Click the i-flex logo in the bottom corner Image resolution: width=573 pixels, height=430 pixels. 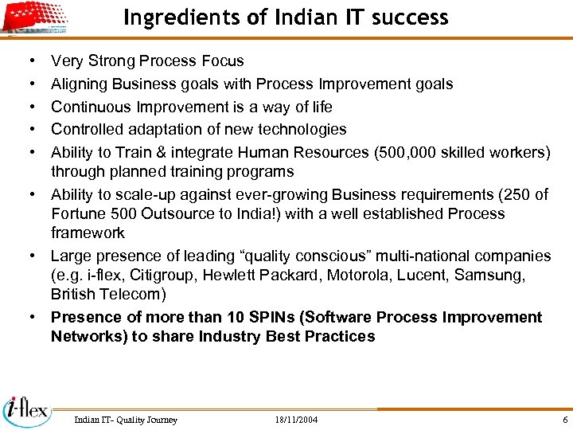26,410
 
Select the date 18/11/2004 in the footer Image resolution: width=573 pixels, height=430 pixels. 295,420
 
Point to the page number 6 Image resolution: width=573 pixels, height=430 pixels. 564,420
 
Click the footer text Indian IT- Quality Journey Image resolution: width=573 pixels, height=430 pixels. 125,420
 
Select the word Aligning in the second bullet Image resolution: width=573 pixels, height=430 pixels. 80,84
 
